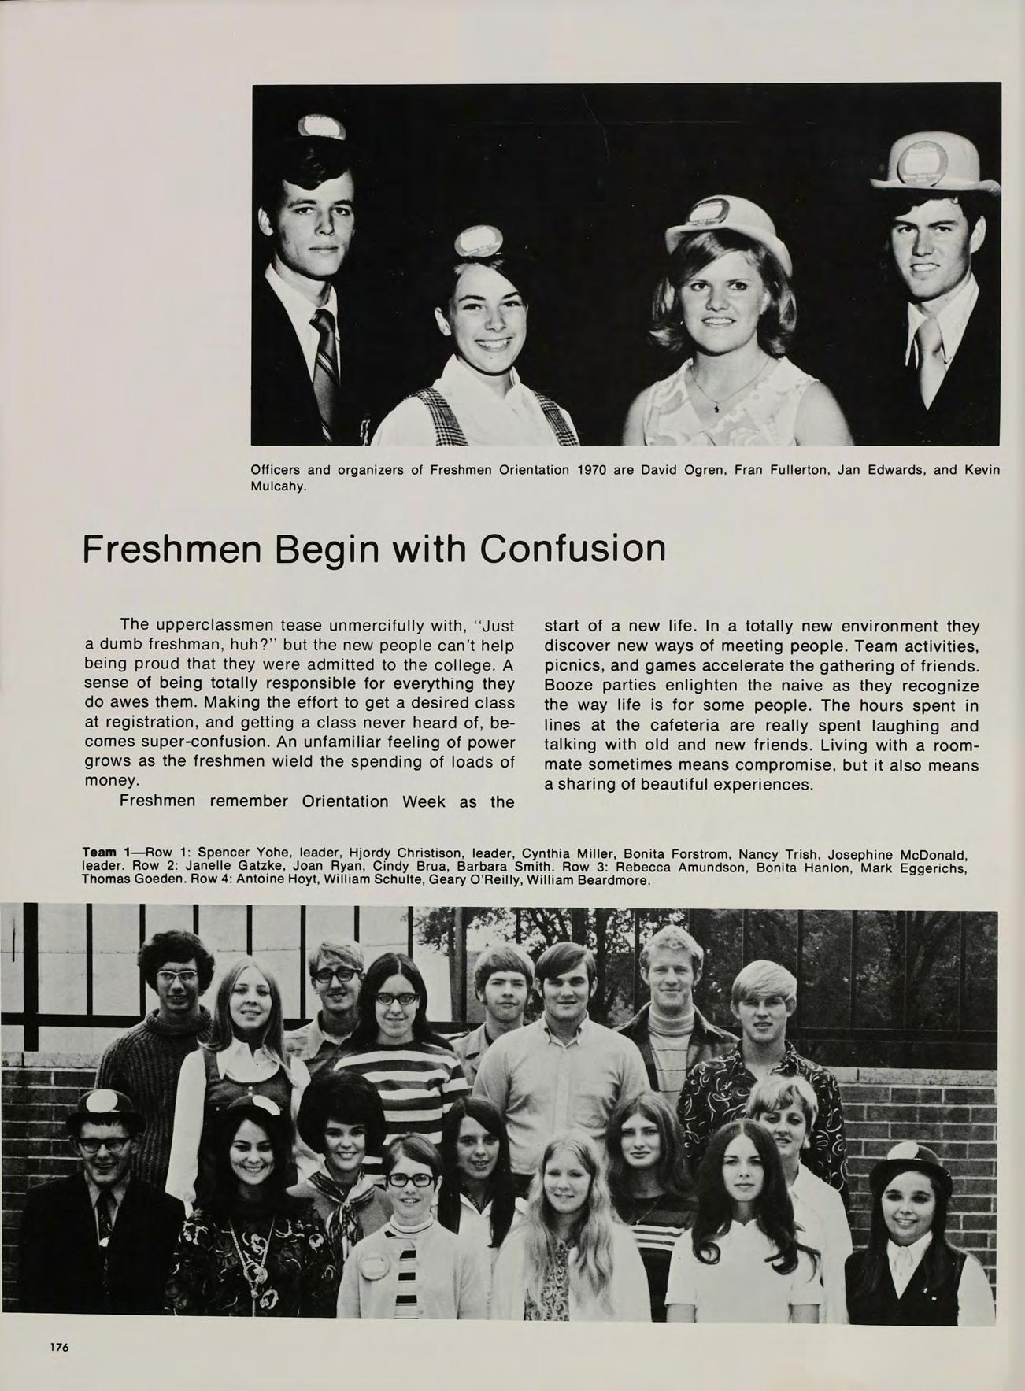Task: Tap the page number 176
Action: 60,1347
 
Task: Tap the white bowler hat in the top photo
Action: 932,165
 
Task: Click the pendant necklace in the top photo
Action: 716,408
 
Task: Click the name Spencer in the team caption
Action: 223,853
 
